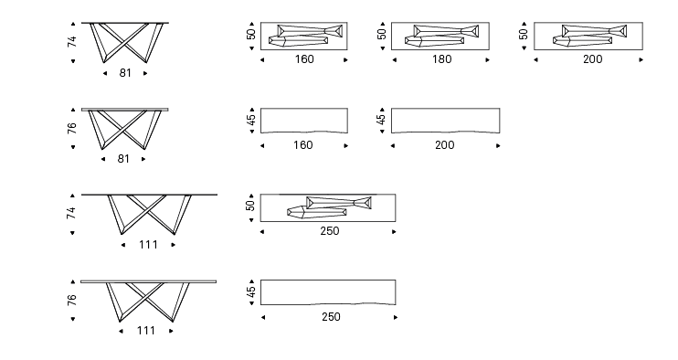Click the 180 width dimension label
(x=442, y=59)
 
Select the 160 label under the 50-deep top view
(x=304, y=59)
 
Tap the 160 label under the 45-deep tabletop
(x=303, y=145)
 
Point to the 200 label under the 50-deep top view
(x=592, y=59)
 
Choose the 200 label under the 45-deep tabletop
(x=444, y=145)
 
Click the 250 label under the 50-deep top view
(x=330, y=231)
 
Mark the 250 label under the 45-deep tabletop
(x=331, y=317)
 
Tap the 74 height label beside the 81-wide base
(x=72, y=42)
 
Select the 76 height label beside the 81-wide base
(x=72, y=128)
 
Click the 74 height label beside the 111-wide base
(x=71, y=213)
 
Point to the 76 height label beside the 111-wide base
(x=72, y=300)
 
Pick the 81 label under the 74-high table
(x=125, y=73)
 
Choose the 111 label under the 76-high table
(x=146, y=331)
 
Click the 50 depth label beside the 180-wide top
(x=382, y=34)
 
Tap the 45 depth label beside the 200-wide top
(x=381, y=120)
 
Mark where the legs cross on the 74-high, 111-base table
(x=148, y=211)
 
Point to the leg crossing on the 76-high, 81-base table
(x=123, y=127)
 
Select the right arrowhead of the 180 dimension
(x=487, y=60)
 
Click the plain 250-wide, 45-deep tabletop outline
(x=328, y=280)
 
